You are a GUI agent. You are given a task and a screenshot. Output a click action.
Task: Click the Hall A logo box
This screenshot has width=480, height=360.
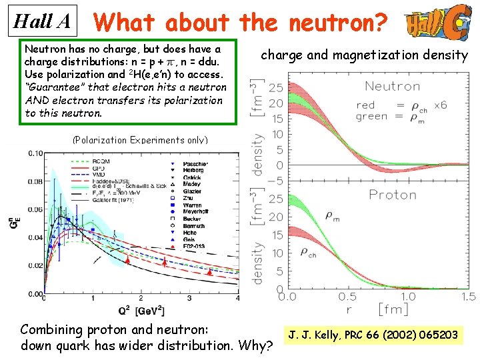tap(42, 21)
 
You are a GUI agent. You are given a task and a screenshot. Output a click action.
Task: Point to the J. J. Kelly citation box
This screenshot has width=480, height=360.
tap(373, 334)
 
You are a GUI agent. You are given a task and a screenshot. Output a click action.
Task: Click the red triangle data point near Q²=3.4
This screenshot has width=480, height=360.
tap(209, 272)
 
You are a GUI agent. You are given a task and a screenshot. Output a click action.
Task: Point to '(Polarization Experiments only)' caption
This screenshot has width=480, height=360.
tap(140, 140)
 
